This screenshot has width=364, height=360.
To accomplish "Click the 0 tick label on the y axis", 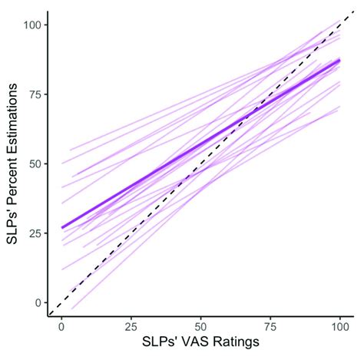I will coord(37,302).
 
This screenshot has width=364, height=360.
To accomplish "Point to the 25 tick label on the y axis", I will coord(34,233).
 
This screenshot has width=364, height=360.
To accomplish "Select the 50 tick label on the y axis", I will coord(34,164).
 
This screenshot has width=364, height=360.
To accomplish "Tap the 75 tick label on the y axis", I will coord(34,95).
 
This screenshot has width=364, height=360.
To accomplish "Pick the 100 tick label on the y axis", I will coord(31,25).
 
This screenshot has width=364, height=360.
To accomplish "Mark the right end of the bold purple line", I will coord(339,61).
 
